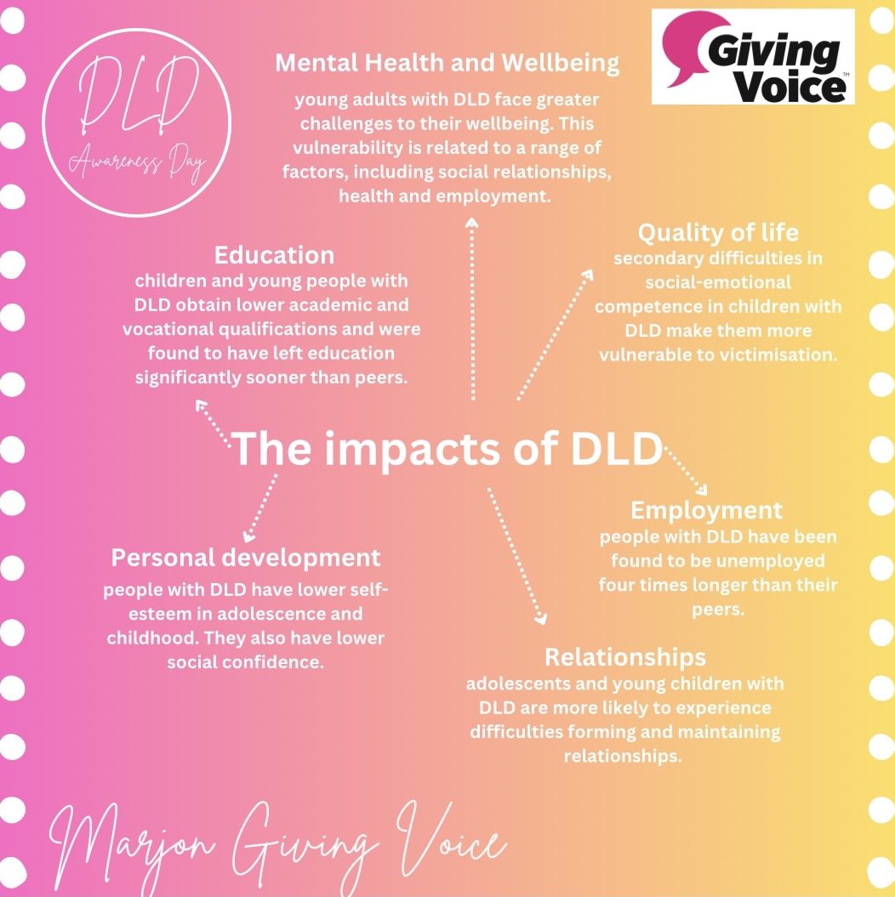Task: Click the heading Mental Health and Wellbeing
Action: [x=447, y=64]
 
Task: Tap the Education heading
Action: [x=274, y=255]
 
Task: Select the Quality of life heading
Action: [x=718, y=232]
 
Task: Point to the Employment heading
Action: [x=706, y=510]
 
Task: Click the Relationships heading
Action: [x=624, y=657]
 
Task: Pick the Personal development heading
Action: [x=246, y=558]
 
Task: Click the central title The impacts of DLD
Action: [x=447, y=448]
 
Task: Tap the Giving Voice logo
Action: [x=752, y=56]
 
